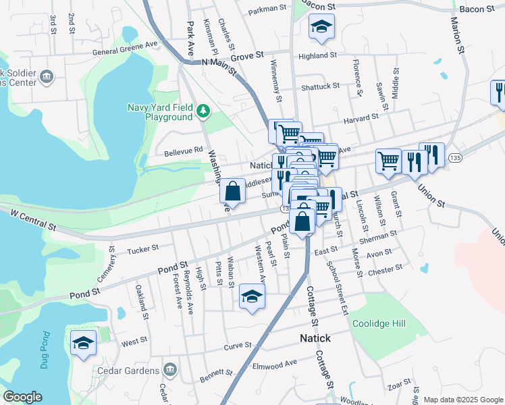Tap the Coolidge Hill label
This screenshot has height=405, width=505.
click(379, 324)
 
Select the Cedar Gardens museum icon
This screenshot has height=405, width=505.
click(169, 369)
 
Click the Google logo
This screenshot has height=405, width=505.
click(22, 397)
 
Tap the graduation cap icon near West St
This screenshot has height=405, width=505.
click(83, 343)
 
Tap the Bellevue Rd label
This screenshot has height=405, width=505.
click(184, 151)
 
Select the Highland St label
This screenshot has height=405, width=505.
click(317, 55)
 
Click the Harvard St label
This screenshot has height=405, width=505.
click(361, 118)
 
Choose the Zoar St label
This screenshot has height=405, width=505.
click(399, 385)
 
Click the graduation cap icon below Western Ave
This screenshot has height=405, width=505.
click(252, 297)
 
